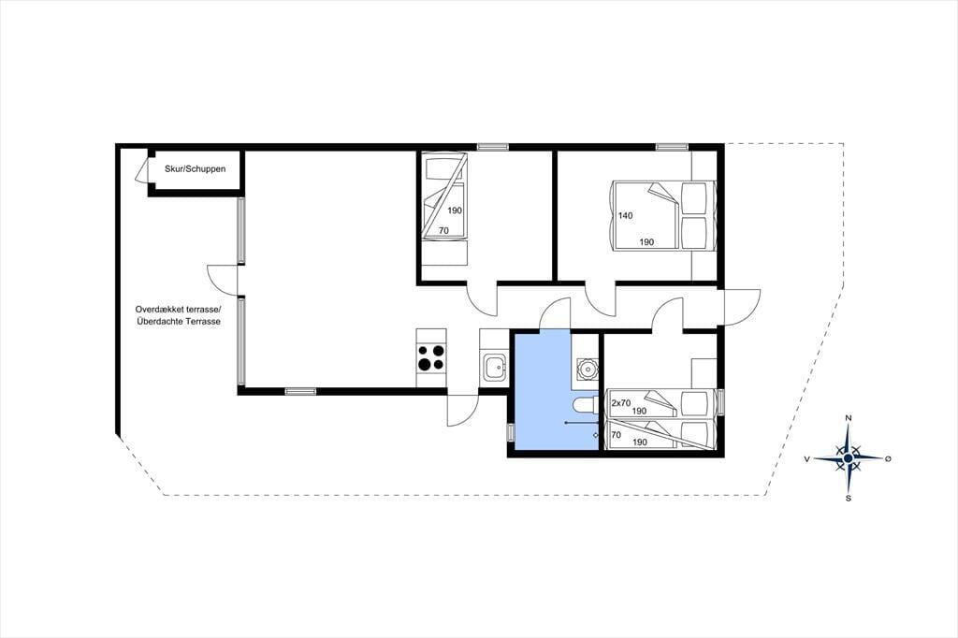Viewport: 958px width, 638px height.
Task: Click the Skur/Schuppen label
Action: click(195, 168)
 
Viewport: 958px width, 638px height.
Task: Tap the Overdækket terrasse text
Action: click(178, 310)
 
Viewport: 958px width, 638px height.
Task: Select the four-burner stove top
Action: click(430, 358)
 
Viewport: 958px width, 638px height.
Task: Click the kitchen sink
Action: click(493, 368)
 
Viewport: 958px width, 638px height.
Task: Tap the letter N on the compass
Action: click(848, 417)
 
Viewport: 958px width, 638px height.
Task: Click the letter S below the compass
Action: click(848, 498)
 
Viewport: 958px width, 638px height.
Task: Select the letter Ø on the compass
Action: click(889, 458)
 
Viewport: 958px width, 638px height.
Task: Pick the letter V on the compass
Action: click(807, 458)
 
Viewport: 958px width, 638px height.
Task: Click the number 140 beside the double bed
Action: click(626, 216)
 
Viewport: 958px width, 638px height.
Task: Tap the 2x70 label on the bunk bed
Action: click(621, 402)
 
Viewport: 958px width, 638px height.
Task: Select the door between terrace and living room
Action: click(224, 281)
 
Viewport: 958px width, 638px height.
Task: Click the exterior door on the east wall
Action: click(741, 308)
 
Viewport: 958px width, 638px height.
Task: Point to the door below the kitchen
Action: click(462, 410)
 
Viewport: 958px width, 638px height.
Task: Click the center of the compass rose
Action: click(848, 458)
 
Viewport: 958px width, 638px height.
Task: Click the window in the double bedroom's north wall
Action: click(673, 147)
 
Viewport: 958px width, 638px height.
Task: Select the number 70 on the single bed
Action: click(443, 230)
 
